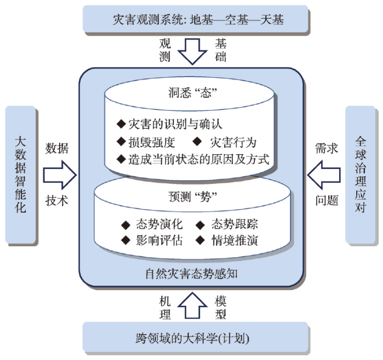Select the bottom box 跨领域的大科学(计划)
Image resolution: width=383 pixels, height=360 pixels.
(x=195, y=337)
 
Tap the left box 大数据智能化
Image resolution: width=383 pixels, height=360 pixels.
(x=21, y=175)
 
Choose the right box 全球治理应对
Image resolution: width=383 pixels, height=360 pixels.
(x=360, y=175)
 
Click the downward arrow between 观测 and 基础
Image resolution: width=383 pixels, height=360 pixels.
(x=193, y=51)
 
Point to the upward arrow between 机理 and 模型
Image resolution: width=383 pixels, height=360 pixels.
(x=193, y=305)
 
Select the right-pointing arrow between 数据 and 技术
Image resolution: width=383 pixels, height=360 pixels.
(x=60, y=175)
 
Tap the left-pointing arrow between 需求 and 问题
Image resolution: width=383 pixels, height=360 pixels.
(x=324, y=175)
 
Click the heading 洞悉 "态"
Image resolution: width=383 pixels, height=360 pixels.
(x=193, y=93)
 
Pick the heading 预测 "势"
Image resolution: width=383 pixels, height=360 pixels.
(x=193, y=197)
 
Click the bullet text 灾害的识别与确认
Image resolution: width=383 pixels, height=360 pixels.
(x=176, y=124)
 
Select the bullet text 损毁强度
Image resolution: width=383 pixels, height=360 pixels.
(x=152, y=142)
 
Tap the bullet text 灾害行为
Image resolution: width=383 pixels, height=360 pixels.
(x=233, y=142)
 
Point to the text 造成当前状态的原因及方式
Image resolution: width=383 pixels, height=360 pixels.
(x=199, y=159)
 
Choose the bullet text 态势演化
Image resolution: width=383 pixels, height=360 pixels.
(x=159, y=224)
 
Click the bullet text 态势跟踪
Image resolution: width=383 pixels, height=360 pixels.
(x=235, y=224)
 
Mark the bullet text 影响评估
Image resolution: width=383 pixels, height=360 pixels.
(x=159, y=240)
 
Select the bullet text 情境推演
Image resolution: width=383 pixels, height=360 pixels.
(x=235, y=240)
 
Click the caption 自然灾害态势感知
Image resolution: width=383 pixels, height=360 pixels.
(x=191, y=274)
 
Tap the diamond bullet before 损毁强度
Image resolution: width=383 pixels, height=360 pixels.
(x=121, y=142)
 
